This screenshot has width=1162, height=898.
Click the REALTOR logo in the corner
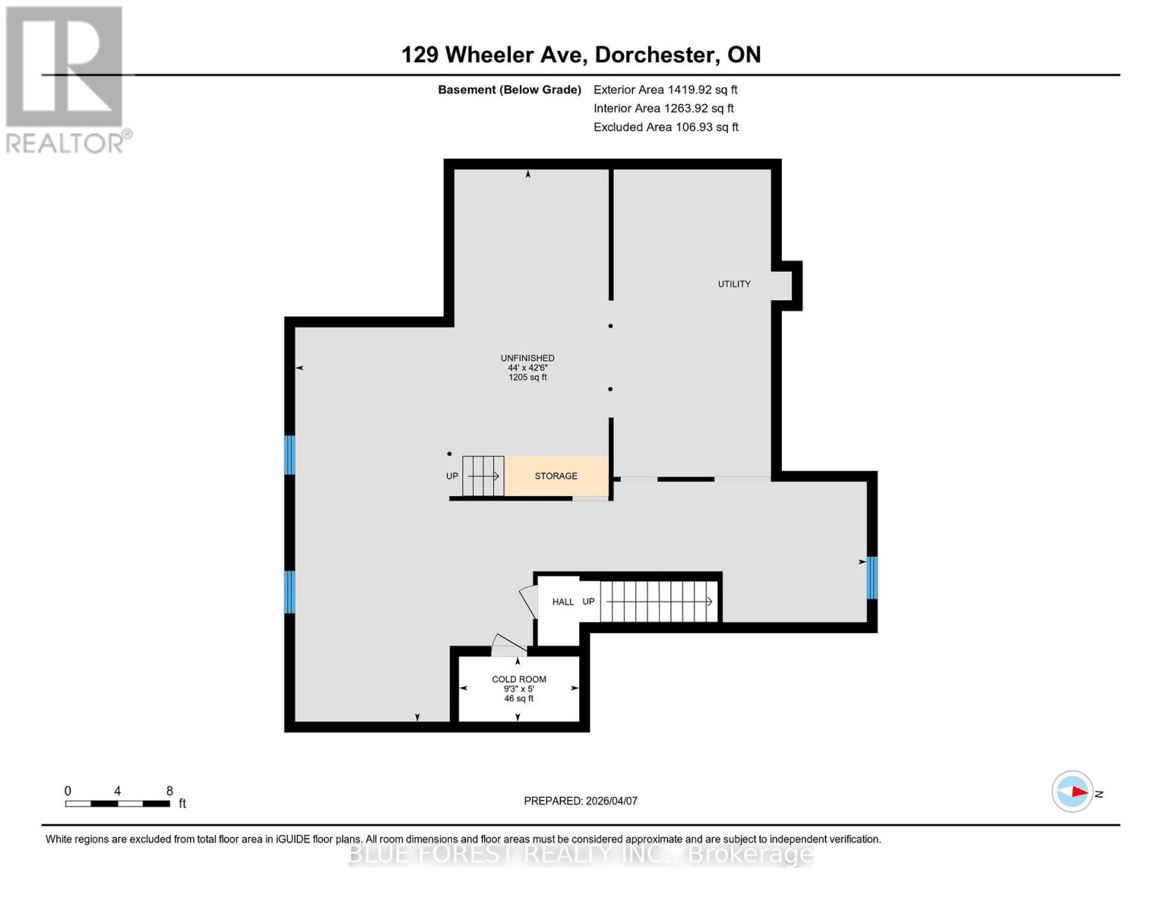[66, 79]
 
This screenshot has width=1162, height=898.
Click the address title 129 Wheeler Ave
[581, 55]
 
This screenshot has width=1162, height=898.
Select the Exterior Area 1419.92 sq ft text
[665, 90]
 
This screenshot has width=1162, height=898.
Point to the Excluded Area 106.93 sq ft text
[665, 127]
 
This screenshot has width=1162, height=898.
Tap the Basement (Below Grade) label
[509, 90]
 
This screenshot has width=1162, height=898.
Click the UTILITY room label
[734, 284]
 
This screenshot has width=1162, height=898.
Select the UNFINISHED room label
[528, 358]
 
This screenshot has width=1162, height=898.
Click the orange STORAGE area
[556, 476]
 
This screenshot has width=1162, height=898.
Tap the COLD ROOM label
[519, 679]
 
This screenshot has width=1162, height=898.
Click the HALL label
[563, 602]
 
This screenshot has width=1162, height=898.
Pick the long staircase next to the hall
[658, 602]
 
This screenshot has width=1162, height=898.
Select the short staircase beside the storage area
[483, 476]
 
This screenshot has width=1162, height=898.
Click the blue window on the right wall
[872, 578]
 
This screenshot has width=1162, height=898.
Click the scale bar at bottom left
[117, 804]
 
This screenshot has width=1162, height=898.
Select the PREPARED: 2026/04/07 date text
[581, 801]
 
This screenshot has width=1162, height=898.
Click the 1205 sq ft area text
[528, 378]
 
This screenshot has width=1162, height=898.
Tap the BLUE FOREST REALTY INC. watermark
[581, 854]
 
